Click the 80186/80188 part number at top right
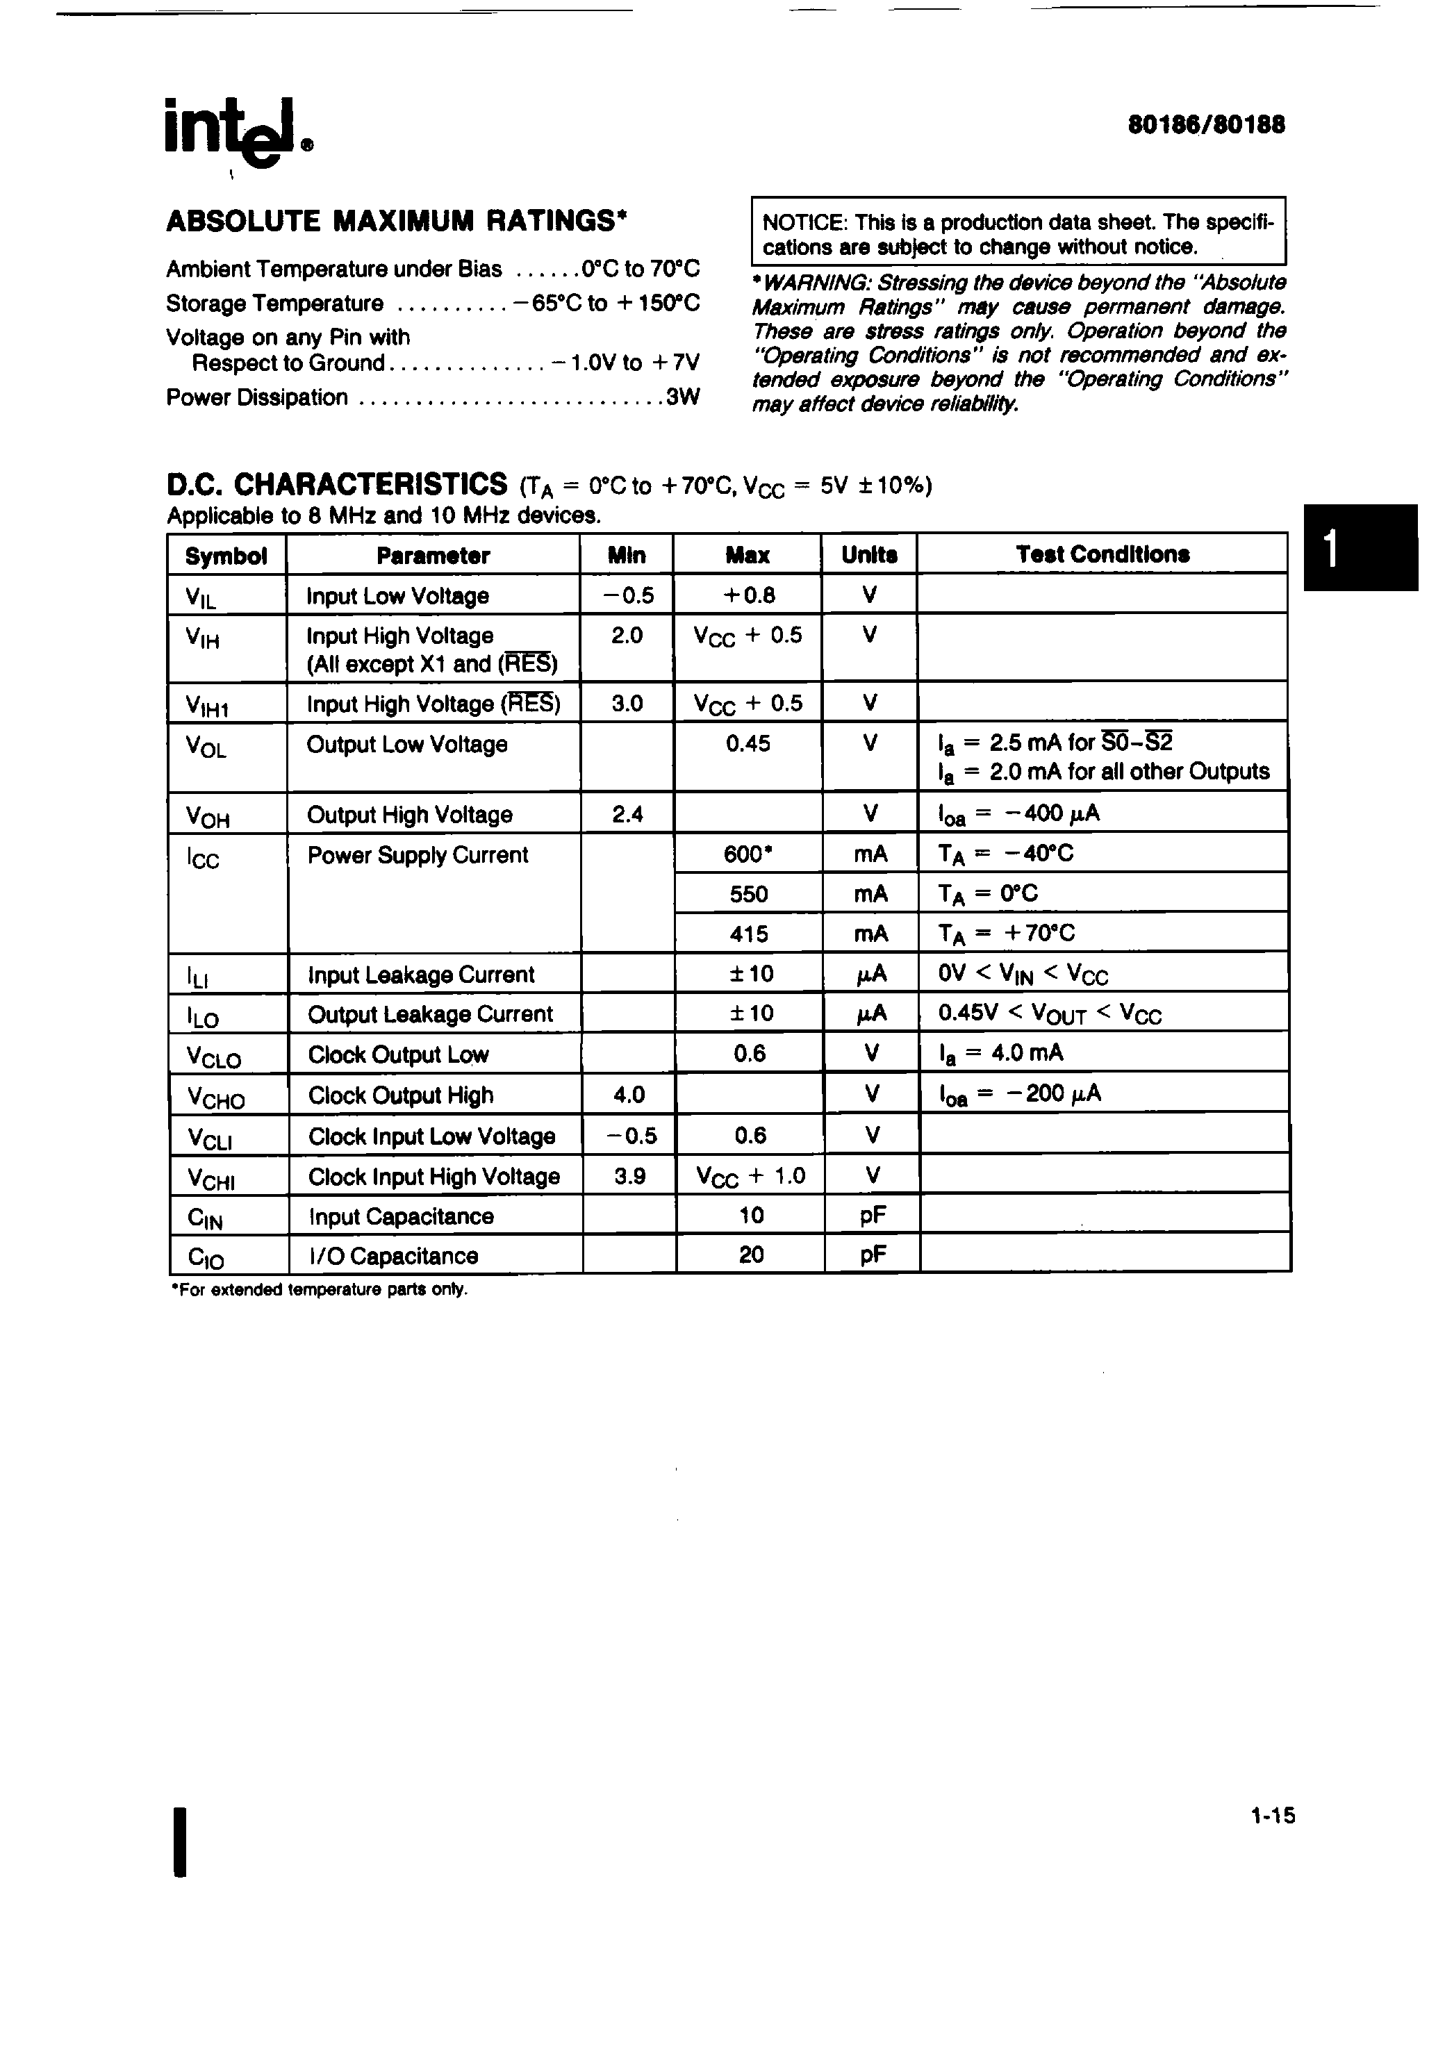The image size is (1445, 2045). [1206, 126]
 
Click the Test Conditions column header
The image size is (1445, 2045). [1102, 554]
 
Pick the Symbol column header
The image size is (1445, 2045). [226, 556]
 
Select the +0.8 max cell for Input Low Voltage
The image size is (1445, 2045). [748, 595]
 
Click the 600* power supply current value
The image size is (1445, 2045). [748, 853]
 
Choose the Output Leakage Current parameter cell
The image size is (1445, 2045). [430, 1013]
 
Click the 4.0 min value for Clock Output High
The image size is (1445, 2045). [628, 1094]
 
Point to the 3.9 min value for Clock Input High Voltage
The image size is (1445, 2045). [629, 1176]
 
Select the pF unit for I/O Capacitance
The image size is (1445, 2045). [872, 1255]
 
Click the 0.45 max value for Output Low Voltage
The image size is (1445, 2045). [748, 744]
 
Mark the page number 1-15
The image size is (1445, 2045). [1272, 1815]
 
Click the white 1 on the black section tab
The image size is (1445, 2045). [1330, 549]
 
